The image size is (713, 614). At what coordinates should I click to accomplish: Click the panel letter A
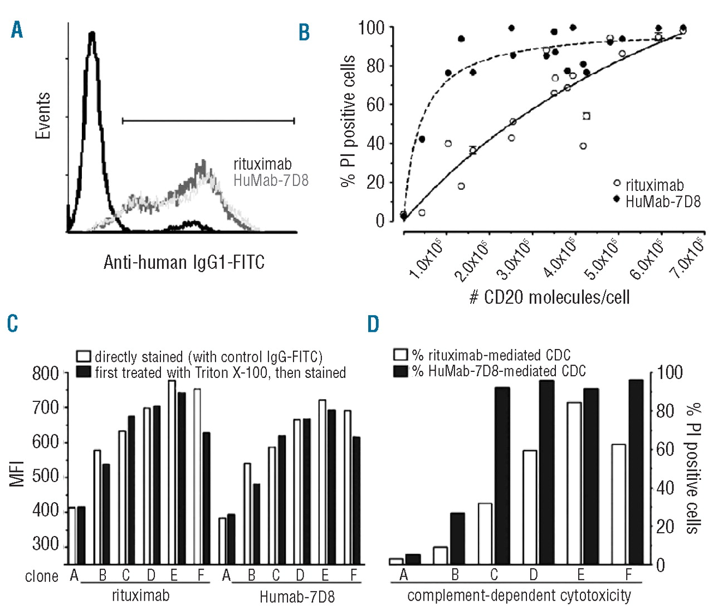(x=17, y=30)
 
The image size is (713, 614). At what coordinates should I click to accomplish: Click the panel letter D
(x=373, y=323)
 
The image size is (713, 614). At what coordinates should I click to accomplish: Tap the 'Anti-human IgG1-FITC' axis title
(x=184, y=262)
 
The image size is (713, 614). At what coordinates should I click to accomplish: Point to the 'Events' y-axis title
(x=43, y=116)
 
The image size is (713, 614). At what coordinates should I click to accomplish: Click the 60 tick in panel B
(x=375, y=104)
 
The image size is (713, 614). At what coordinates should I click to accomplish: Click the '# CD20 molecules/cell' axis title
(x=549, y=297)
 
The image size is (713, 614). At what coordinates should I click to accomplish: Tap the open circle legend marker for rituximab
(x=617, y=183)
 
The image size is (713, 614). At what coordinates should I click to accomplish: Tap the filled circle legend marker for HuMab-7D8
(x=617, y=199)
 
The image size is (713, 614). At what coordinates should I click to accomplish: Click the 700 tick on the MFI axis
(x=46, y=407)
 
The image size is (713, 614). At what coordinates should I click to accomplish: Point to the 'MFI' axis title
(x=17, y=474)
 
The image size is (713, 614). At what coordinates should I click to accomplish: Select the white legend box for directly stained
(x=84, y=356)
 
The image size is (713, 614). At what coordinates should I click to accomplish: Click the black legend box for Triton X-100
(x=84, y=372)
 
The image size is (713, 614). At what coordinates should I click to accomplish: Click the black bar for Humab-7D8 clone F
(x=356, y=500)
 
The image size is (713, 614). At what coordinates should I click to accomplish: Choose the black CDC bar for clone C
(x=502, y=476)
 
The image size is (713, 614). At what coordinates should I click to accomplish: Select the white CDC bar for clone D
(x=530, y=507)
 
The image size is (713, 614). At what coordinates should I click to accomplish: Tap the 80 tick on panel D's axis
(x=665, y=411)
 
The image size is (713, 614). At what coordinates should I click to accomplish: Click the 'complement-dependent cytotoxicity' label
(x=519, y=596)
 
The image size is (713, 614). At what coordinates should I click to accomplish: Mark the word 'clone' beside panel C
(x=42, y=576)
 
